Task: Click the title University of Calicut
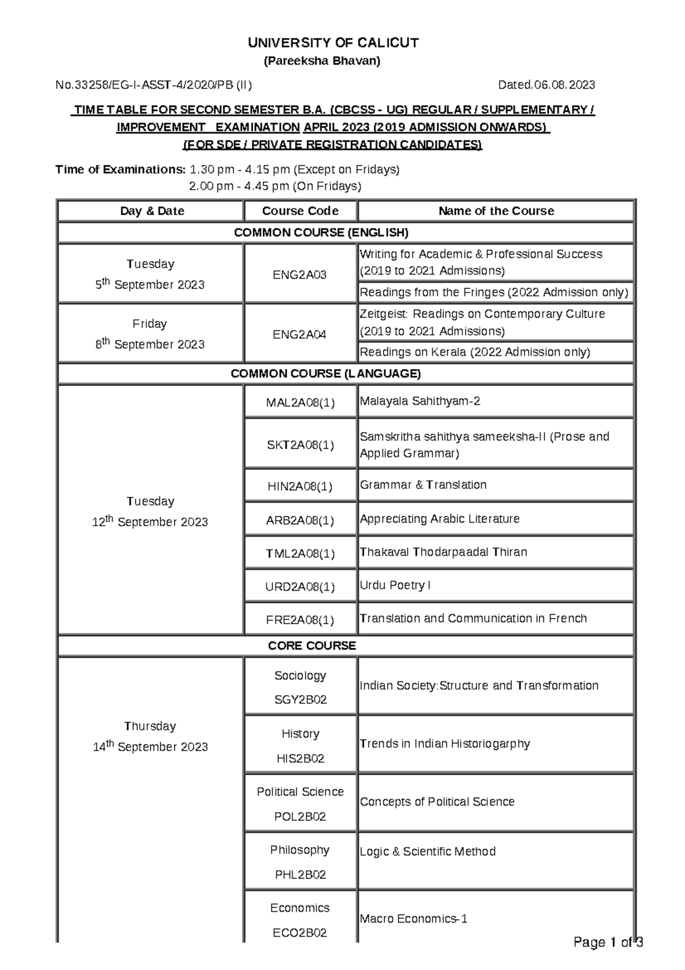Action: (333, 43)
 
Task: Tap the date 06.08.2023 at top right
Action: (546, 85)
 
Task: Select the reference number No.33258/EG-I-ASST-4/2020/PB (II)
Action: (154, 85)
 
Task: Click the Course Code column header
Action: (300, 211)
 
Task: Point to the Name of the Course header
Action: (496, 211)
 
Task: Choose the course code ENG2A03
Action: (300, 274)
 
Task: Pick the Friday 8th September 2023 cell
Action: (150, 334)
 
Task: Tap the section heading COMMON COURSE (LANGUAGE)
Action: (325, 374)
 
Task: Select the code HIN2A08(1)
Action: (300, 486)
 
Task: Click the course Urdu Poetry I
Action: (395, 585)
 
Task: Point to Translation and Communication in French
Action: (473, 618)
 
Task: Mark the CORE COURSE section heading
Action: (312, 646)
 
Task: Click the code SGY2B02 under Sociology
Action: (300, 700)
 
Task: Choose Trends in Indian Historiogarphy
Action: (445, 743)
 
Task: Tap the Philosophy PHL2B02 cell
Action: (300, 862)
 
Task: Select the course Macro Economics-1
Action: (413, 919)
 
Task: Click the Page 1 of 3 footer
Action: (608, 943)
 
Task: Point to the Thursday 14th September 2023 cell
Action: (150, 737)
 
